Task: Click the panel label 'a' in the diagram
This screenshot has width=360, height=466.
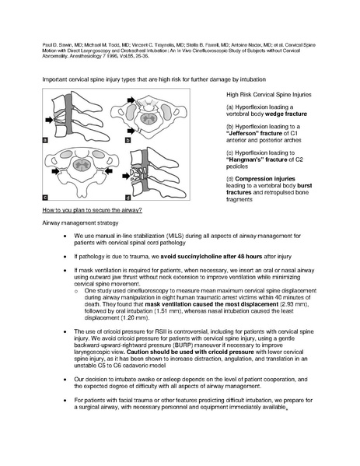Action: tap(47, 141)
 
